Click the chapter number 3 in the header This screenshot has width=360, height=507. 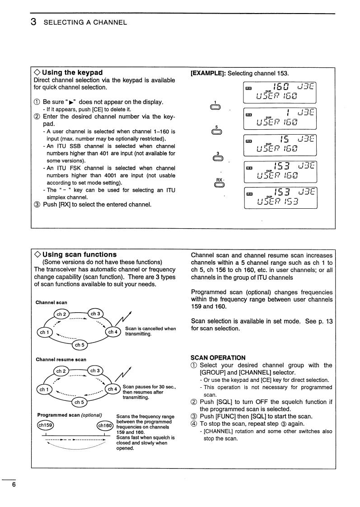click(34, 22)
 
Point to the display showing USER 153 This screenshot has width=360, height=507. click(280, 198)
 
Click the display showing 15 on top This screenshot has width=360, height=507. click(280, 146)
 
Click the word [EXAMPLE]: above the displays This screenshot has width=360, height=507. click(208, 73)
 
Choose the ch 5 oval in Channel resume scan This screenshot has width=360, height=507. click(79, 402)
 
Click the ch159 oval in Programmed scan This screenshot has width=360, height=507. click(45, 426)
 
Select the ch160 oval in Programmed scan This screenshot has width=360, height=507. click(105, 426)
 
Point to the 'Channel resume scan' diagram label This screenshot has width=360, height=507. click(61, 360)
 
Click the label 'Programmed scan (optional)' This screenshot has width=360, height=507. click(69, 415)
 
